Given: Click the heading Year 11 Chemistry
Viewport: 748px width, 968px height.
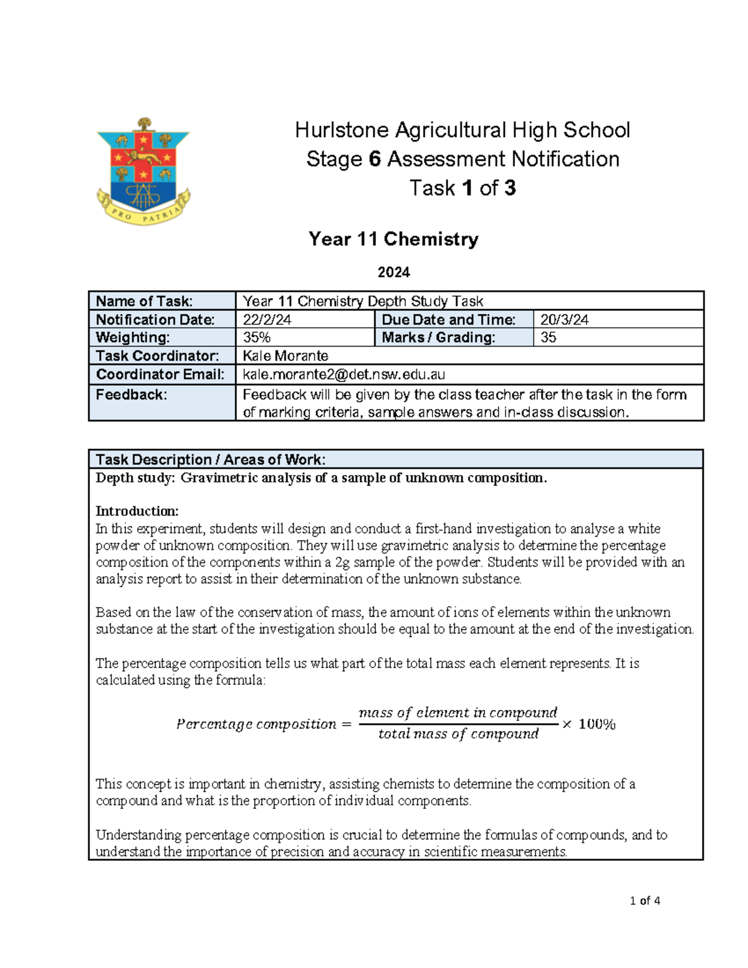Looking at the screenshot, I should tap(393, 239).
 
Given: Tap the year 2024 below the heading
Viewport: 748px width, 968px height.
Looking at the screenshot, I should tap(393, 272).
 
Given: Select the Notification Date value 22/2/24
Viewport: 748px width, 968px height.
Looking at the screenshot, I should tap(267, 320).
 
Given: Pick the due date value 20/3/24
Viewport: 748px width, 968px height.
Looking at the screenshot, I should tap(564, 320).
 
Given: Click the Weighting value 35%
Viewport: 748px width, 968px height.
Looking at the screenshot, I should tap(256, 337).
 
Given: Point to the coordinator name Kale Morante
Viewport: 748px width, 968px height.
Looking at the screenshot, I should tap(285, 356).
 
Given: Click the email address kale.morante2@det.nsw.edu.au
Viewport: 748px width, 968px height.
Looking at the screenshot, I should tap(343, 374).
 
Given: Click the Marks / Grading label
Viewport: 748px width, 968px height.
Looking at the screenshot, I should tap(453, 337).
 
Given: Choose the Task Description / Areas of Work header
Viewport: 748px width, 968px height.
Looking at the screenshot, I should tap(210, 459).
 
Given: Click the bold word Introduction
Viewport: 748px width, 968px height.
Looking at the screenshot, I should tap(137, 511).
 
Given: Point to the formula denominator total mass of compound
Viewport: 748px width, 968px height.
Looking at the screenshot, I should tap(458, 734).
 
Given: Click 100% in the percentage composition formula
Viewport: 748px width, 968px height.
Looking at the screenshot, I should tap(597, 724).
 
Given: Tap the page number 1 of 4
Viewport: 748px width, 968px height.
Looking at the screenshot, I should tap(645, 900).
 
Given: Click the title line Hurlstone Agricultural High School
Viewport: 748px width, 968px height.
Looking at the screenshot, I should tap(462, 130).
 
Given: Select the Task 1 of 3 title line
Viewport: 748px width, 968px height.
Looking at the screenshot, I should tap(462, 188).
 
